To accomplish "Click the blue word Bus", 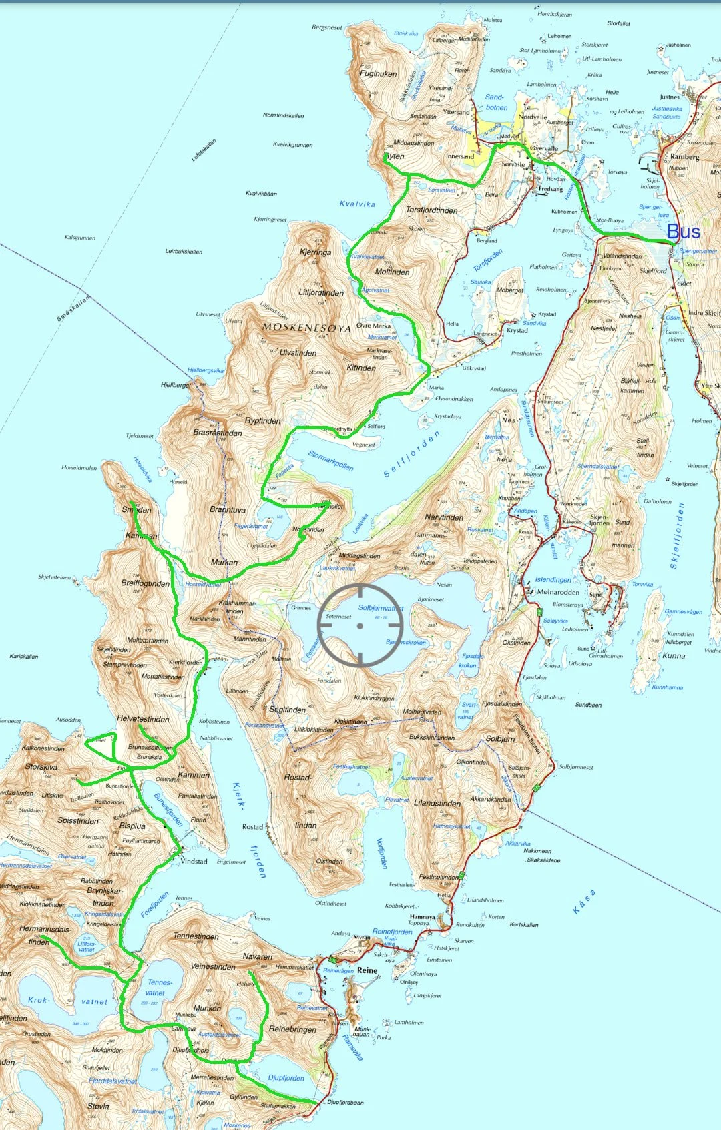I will [x=683, y=232].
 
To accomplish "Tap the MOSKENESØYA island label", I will [x=306, y=328].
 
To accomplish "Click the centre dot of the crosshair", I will [x=360, y=625].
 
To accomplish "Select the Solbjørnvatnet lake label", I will [x=381, y=608].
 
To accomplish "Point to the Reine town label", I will [x=367, y=970].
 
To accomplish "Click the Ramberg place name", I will [x=684, y=157].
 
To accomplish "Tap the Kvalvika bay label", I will [x=357, y=204].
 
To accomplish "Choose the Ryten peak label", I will [x=395, y=156].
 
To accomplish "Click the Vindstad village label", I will [x=194, y=861].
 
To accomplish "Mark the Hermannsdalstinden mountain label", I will [x=44, y=935].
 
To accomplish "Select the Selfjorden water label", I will [x=412, y=454].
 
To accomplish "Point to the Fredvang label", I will [x=550, y=189].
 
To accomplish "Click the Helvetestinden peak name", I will [x=143, y=719].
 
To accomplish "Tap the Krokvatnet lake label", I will [x=67, y=1001].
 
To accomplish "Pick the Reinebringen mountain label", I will [x=292, y=1029].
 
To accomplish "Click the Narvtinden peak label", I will [x=444, y=517].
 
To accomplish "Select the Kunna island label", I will [x=674, y=655].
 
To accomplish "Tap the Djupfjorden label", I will [x=286, y=1077].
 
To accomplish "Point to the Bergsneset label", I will [x=326, y=27].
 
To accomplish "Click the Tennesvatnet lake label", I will [x=159, y=987].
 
